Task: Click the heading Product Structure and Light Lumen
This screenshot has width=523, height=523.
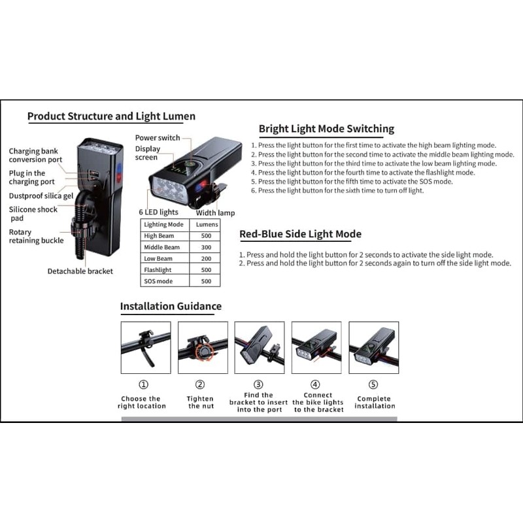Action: tap(111, 116)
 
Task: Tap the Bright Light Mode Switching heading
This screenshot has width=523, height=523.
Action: tap(326, 129)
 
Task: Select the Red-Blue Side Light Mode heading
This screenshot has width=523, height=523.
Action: tap(301, 234)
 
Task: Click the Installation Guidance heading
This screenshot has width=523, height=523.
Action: tap(171, 306)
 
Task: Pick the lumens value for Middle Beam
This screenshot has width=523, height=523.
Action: tap(206, 247)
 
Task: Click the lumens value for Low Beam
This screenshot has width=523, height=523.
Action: tap(206, 258)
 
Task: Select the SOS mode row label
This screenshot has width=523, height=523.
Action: tap(158, 281)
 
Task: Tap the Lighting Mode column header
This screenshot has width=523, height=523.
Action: tap(164, 224)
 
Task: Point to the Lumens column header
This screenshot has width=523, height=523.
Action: tap(207, 224)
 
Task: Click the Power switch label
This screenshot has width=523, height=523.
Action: tap(158, 138)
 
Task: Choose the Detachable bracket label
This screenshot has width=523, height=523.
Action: tap(80, 271)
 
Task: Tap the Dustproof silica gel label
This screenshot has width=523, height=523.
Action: tap(41, 195)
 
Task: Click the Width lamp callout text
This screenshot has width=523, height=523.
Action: tap(216, 213)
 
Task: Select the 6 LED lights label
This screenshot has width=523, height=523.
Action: tap(158, 212)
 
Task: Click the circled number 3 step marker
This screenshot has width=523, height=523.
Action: tap(258, 384)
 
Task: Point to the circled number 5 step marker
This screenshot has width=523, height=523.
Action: tap(373, 384)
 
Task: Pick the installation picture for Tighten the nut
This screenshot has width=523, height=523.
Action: tap(203, 348)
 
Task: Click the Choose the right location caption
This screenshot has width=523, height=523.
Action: tap(142, 402)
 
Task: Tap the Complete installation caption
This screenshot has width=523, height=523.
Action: tap(375, 402)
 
